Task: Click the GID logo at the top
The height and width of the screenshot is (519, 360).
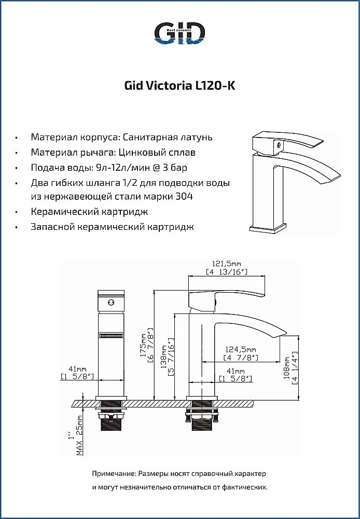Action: tap(180, 34)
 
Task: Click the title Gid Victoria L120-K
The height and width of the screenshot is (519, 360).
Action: tap(180, 86)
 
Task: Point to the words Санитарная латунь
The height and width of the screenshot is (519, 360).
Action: tap(168, 138)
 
